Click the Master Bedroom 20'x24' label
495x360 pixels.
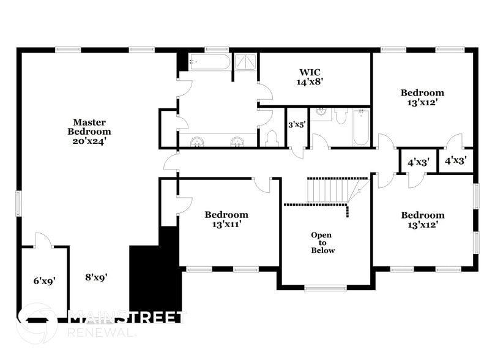(89, 132)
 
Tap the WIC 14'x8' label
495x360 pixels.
(310, 77)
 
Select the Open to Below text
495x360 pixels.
(322, 242)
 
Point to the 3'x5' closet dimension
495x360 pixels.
(297, 124)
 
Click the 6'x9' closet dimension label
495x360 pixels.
(45, 281)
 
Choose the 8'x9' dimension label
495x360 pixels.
(96, 277)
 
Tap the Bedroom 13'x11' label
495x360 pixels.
(226, 219)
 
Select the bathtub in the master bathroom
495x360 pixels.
(210, 62)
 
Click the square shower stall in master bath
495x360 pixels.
(245, 62)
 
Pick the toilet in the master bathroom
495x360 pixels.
(272, 138)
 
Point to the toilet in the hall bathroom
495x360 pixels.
(341, 116)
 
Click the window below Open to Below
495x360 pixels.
(326, 288)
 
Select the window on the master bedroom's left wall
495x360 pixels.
(18, 203)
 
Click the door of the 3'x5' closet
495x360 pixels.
(297, 152)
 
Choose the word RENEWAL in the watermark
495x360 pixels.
(100, 332)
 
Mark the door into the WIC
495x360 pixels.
(265, 92)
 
